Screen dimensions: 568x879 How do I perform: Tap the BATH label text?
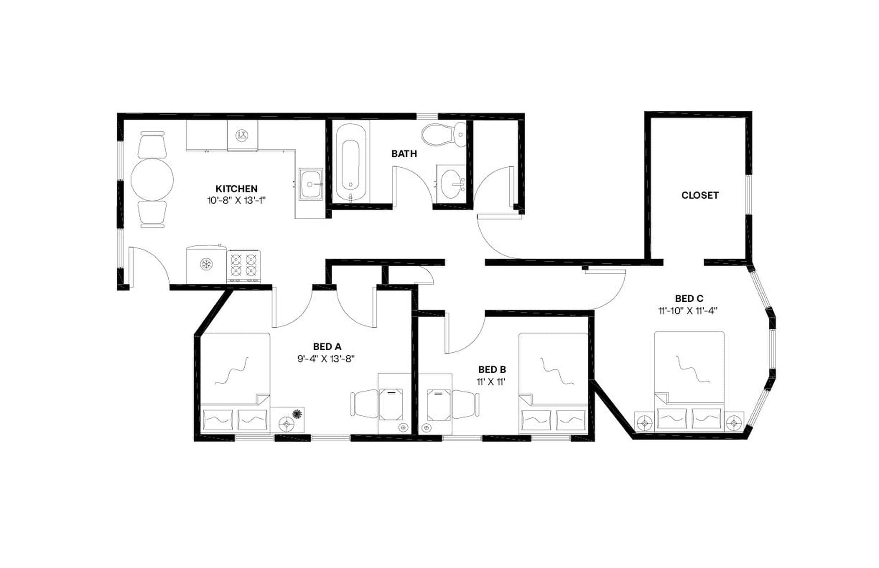[404, 153]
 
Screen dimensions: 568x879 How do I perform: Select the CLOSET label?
[699, 195]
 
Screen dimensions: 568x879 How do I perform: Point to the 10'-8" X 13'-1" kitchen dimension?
[236, 201]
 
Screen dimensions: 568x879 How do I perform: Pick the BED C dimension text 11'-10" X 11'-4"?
[687, 310]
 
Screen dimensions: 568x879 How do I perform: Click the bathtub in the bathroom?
[350, 162]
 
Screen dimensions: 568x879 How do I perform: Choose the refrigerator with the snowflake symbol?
[206, 264]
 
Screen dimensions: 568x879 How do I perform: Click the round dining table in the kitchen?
[152, 180]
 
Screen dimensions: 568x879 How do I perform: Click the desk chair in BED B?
[465, 404]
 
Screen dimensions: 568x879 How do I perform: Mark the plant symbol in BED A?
[296, 414]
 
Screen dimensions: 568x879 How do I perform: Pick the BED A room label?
[327, 346]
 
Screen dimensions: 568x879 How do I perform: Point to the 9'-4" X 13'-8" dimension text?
[326, 358]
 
